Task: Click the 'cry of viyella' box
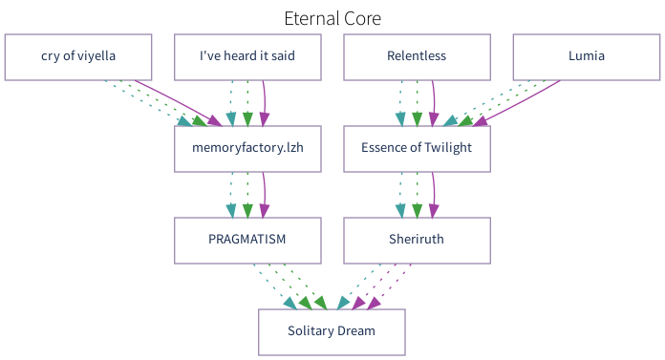point(78,56)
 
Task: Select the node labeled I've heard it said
point(247,56)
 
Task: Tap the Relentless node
point(417,56)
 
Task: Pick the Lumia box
point(586,56)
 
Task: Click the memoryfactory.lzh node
point(247,148)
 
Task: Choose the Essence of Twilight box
point(417,148)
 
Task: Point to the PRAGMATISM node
point(247,240)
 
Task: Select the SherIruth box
point(417,240)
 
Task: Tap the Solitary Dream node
point(332,331)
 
